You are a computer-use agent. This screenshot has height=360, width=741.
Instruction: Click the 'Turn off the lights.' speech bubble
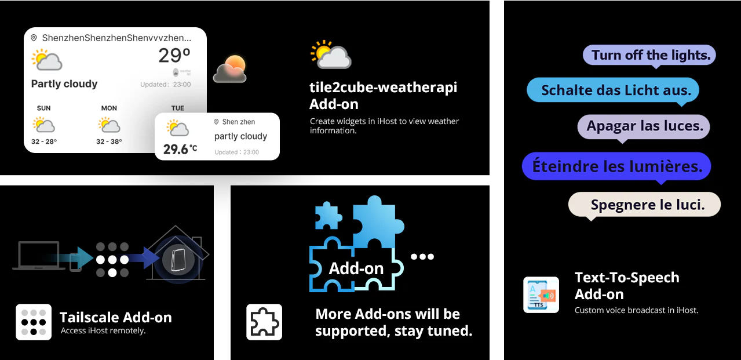649,55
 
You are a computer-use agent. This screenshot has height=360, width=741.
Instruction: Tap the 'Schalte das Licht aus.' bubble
612,90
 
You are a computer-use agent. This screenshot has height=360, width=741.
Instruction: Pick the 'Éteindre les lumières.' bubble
616,166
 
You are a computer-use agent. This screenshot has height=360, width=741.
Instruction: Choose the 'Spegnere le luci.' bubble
644,205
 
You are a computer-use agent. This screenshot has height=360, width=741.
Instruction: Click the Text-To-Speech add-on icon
541,295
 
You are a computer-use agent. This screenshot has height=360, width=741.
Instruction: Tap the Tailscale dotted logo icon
34,322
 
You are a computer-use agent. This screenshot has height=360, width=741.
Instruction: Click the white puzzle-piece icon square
264,322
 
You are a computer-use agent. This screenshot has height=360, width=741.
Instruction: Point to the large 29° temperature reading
174,55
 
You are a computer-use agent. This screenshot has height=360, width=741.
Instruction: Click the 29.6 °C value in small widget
180,150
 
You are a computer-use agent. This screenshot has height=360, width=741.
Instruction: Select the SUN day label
43,108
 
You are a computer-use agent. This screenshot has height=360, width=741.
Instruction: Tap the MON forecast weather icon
109,125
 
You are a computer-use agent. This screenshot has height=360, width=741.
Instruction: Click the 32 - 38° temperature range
109,141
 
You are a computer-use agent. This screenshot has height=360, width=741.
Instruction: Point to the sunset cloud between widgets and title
230,69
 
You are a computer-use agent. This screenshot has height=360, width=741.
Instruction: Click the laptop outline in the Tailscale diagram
39,256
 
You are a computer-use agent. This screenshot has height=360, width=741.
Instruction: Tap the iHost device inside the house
178,260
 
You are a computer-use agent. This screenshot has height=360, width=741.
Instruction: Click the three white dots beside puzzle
422,256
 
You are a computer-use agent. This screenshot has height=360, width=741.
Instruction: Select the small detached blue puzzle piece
328,216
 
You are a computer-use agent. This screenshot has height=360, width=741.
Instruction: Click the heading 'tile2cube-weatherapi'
383,88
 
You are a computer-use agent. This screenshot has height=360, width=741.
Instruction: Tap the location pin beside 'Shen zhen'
216,122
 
